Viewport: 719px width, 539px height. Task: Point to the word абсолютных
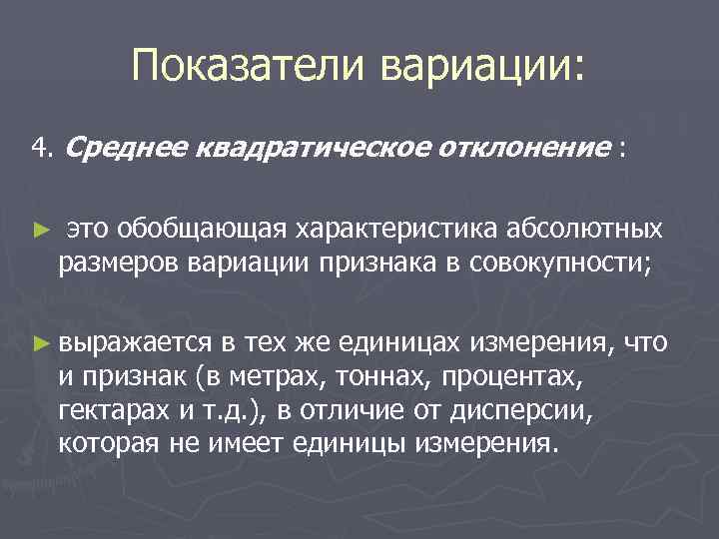point(590,231)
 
